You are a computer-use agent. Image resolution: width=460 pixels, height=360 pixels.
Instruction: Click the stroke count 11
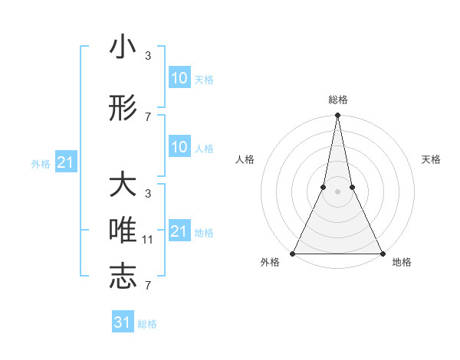coord(148,240)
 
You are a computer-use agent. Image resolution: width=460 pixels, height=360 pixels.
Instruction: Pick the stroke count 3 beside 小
coord(148,56)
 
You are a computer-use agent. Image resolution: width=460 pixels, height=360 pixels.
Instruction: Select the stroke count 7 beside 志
coord(148,286)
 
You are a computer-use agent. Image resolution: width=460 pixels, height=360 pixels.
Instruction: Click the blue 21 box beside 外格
coord(65,162)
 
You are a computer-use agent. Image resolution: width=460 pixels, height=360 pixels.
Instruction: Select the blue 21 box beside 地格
coord(179,231)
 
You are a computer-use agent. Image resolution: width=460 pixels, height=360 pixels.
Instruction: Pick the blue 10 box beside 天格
coord(179,78)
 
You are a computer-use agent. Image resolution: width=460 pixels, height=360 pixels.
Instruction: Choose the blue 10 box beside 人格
coord(179,147)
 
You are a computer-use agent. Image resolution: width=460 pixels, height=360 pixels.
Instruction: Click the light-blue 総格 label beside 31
coord(147,324)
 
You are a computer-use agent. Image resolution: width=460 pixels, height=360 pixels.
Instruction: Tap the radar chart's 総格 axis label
coord(337,100)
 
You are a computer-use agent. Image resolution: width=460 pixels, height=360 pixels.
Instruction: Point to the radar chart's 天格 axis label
coord(431,159)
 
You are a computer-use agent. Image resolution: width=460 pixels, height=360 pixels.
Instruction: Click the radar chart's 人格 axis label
coord(245,159)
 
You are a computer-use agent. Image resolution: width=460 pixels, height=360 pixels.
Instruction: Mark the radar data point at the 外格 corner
coord(294,253)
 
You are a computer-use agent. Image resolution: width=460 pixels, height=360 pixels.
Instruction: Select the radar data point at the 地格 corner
coord(382,253)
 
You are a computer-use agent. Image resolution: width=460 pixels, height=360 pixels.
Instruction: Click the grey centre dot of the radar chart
coord(337,191)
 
